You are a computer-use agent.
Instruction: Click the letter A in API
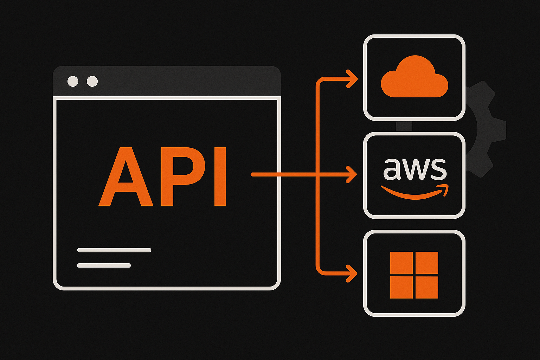click(x=126, y=178)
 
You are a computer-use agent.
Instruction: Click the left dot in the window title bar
click(x=73, y=81)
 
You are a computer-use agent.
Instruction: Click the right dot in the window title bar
click(x=92, y=81)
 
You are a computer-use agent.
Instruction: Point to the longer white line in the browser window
click(x=114, y=250)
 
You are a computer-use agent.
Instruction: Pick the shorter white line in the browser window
click(x=104, y=265)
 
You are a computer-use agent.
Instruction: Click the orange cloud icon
click(x=414, y=77)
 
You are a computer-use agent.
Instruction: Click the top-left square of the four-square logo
click(x=402, y=263)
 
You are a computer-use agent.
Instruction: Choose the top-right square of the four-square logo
click(x=427, y=263)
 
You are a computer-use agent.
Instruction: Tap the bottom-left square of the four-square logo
click(x=402, y=287)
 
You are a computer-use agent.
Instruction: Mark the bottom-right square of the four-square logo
click(x=427, y=287)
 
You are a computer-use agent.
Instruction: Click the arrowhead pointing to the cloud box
click(x=353, y=79)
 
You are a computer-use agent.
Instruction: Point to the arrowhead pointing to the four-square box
click(x=353, y=273)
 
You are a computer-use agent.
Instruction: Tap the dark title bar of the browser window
click(x=176, y=81)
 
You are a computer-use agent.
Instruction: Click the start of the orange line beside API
click(x=252, y=174)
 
